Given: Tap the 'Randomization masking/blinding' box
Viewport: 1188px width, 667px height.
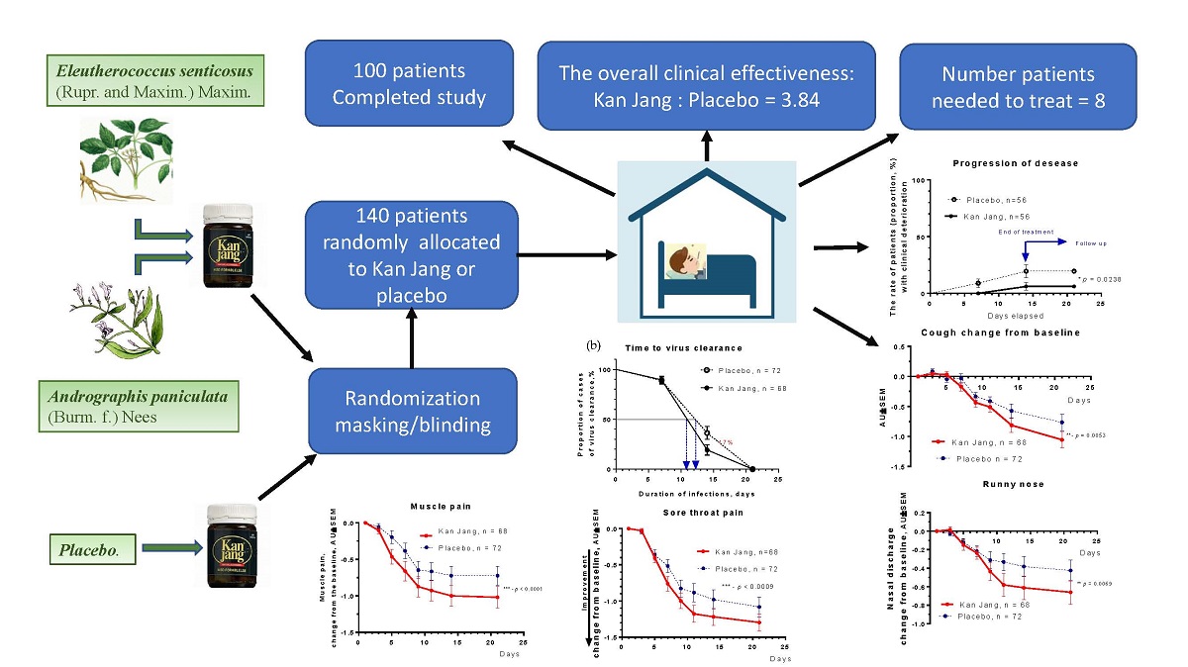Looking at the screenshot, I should tap(413, 411).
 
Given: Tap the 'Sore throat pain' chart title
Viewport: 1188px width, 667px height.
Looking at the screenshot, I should tap(704, 512).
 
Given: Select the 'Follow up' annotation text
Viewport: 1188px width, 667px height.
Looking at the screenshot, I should tap(1091, 240).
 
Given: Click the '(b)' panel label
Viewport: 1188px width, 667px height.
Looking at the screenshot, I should tap(593, 345).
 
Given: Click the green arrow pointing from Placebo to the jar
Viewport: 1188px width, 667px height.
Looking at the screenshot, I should tap(172, 546).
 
